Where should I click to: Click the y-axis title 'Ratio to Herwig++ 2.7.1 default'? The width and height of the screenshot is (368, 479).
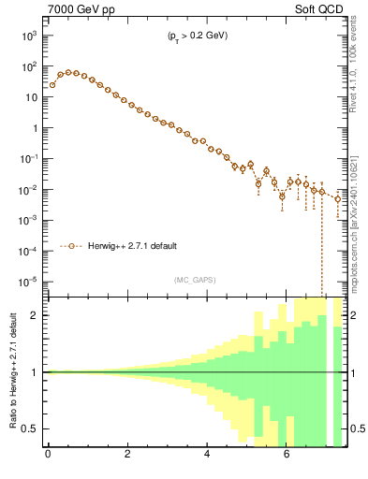(11, 371)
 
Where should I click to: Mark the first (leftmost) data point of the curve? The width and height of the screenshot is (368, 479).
(52, 85)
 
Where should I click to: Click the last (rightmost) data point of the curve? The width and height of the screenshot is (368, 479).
(338, 198)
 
